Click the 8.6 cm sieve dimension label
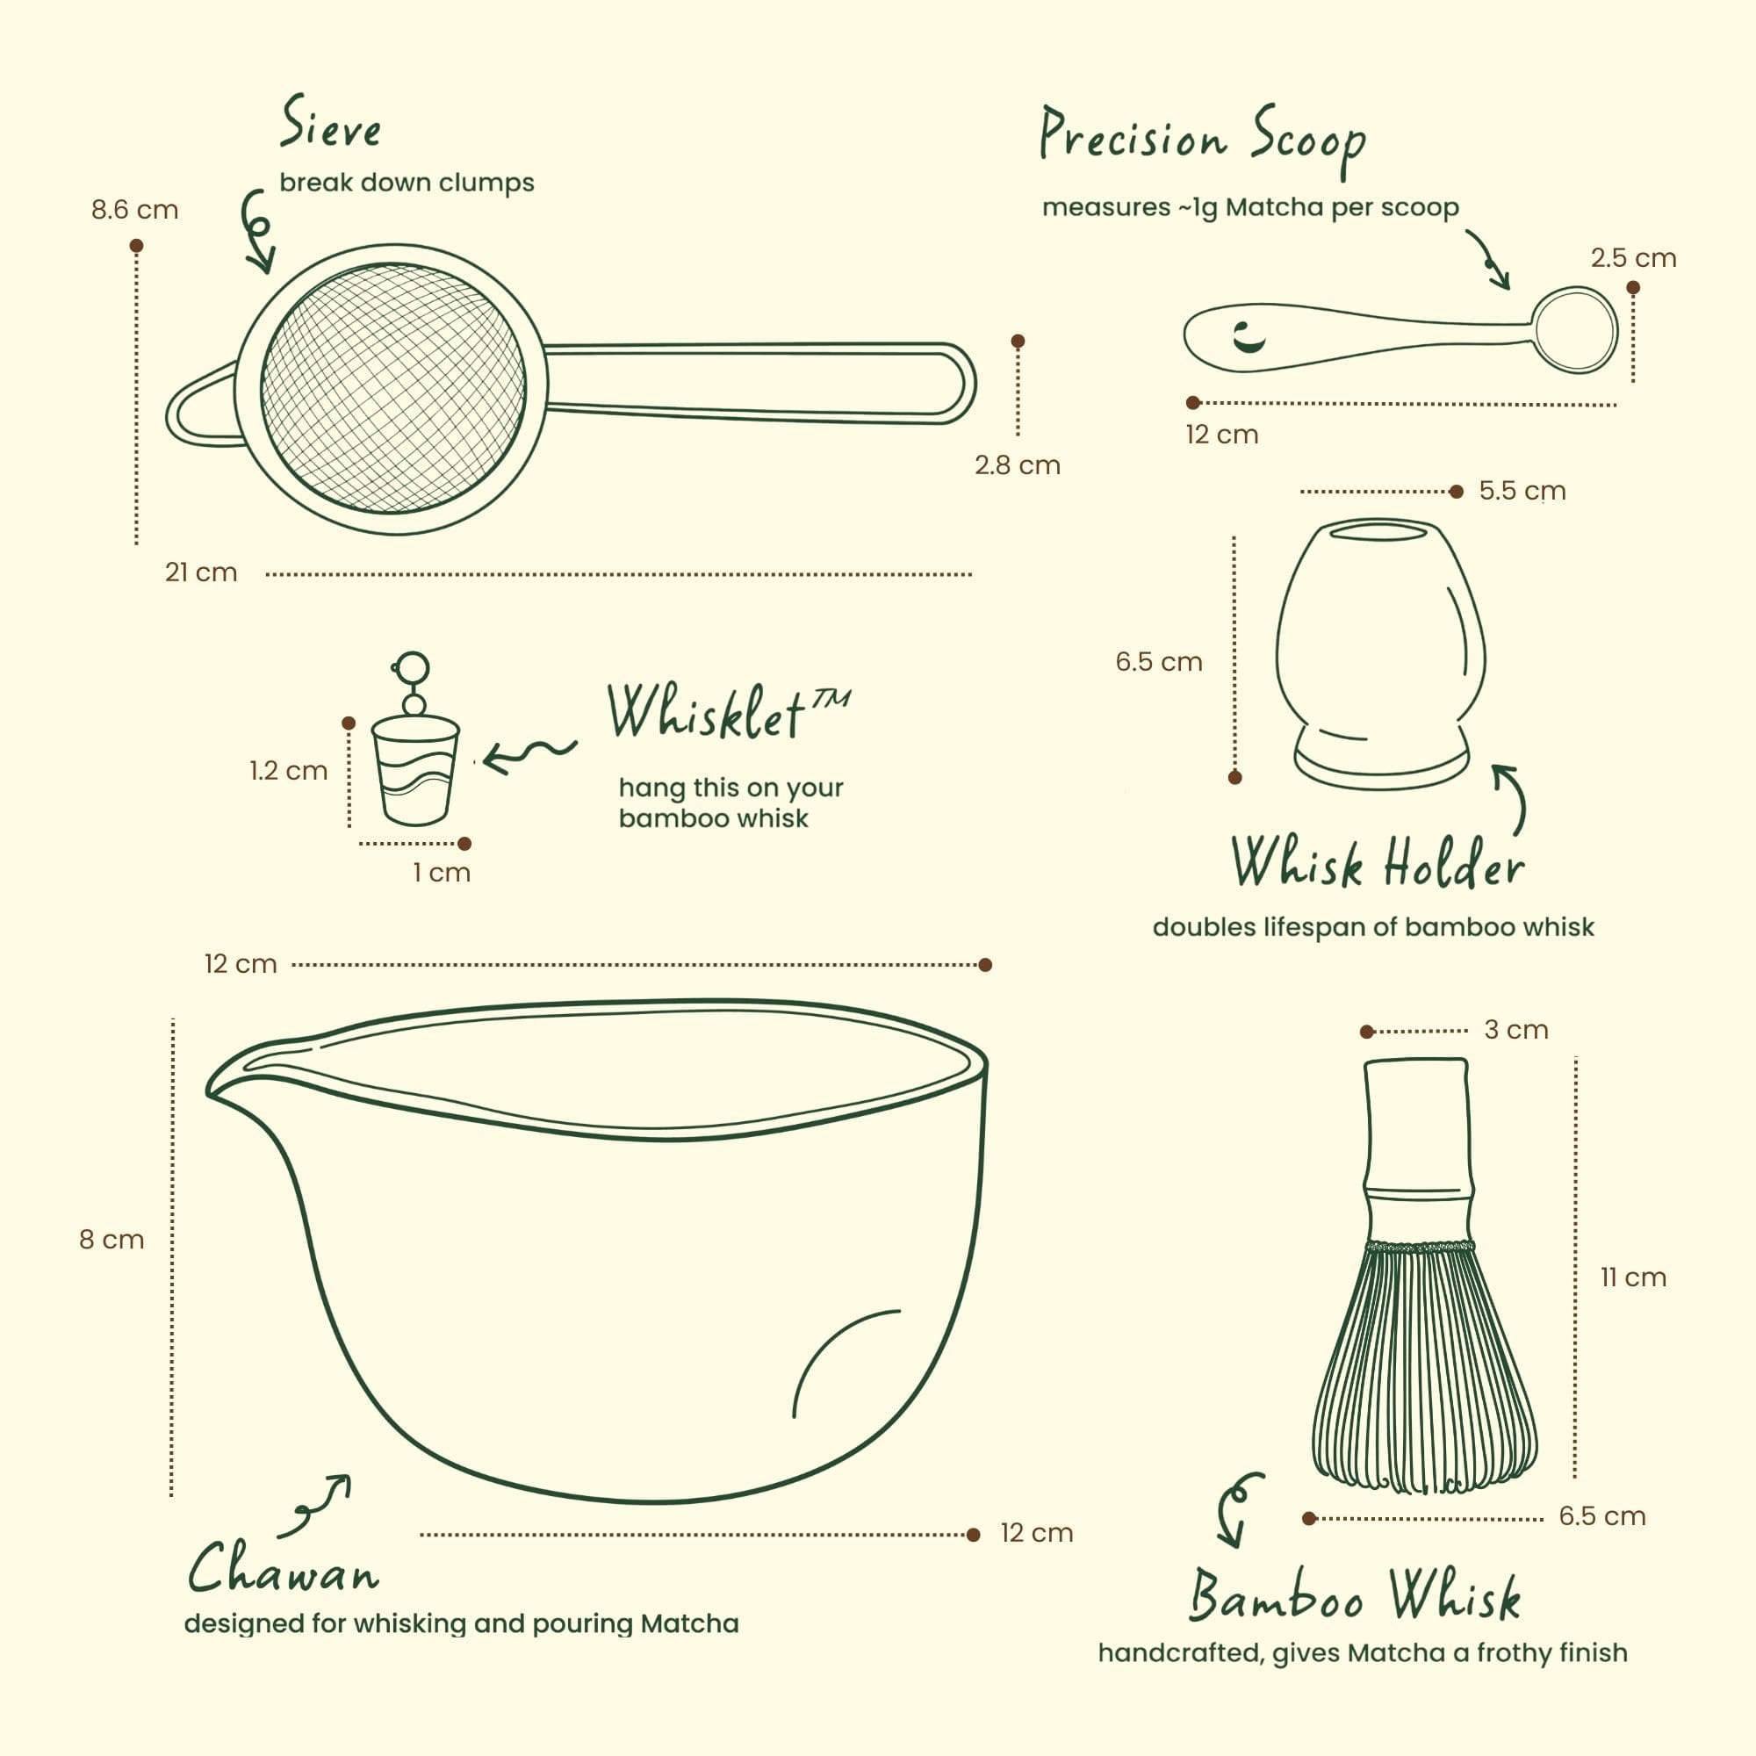134,210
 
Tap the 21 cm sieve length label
201,572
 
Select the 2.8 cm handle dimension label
1017,465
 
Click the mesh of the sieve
392,388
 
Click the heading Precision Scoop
1204,140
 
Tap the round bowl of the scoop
1575,330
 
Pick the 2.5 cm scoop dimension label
1633,258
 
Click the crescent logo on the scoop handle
1248,337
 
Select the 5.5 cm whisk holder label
1522,491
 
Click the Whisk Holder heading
1377,862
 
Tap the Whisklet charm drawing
414,739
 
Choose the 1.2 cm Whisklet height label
288,771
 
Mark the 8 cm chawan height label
112,1240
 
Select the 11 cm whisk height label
1633,1277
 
